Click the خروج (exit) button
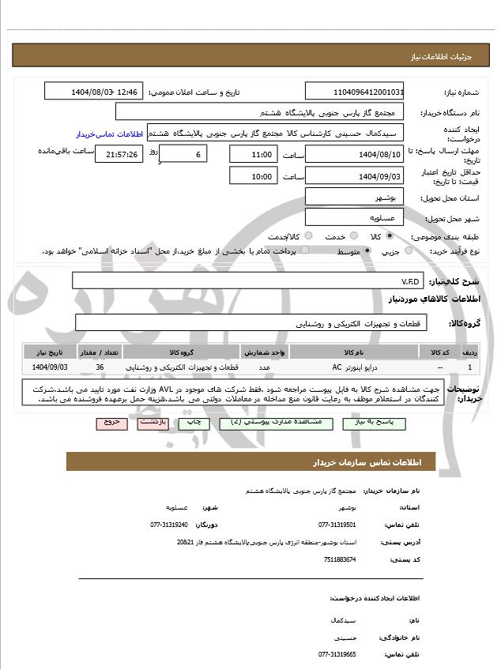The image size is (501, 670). [111, 423]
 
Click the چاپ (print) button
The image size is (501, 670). [194, 423]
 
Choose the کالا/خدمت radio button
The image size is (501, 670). [308, 236]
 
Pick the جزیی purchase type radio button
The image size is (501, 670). [409, 251]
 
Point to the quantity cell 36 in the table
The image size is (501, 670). [100, 367]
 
